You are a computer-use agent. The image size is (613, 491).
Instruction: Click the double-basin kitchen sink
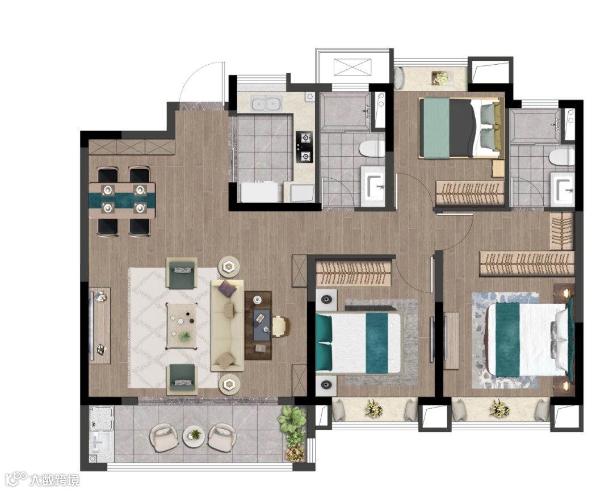pos(266,104)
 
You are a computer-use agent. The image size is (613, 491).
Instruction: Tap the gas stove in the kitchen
pos(304,146)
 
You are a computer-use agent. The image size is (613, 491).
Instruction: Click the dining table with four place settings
pos(122,200)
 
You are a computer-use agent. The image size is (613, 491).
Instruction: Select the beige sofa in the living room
pos(228,325)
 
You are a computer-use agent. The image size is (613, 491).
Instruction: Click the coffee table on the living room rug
pos(181,326)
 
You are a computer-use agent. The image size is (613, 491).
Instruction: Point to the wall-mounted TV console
pos(100,325)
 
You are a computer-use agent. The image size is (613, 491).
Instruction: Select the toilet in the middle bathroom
pos(372,149)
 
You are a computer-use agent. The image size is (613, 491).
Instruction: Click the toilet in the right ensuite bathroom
pos(561,157)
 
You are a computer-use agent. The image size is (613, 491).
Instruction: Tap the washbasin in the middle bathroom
pos(373,186)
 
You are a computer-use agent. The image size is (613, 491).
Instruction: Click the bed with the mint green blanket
pos(460,128)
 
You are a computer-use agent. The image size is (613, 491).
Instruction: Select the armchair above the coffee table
pos(182,272)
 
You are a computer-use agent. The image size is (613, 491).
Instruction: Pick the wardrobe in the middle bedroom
pos(354,272)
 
